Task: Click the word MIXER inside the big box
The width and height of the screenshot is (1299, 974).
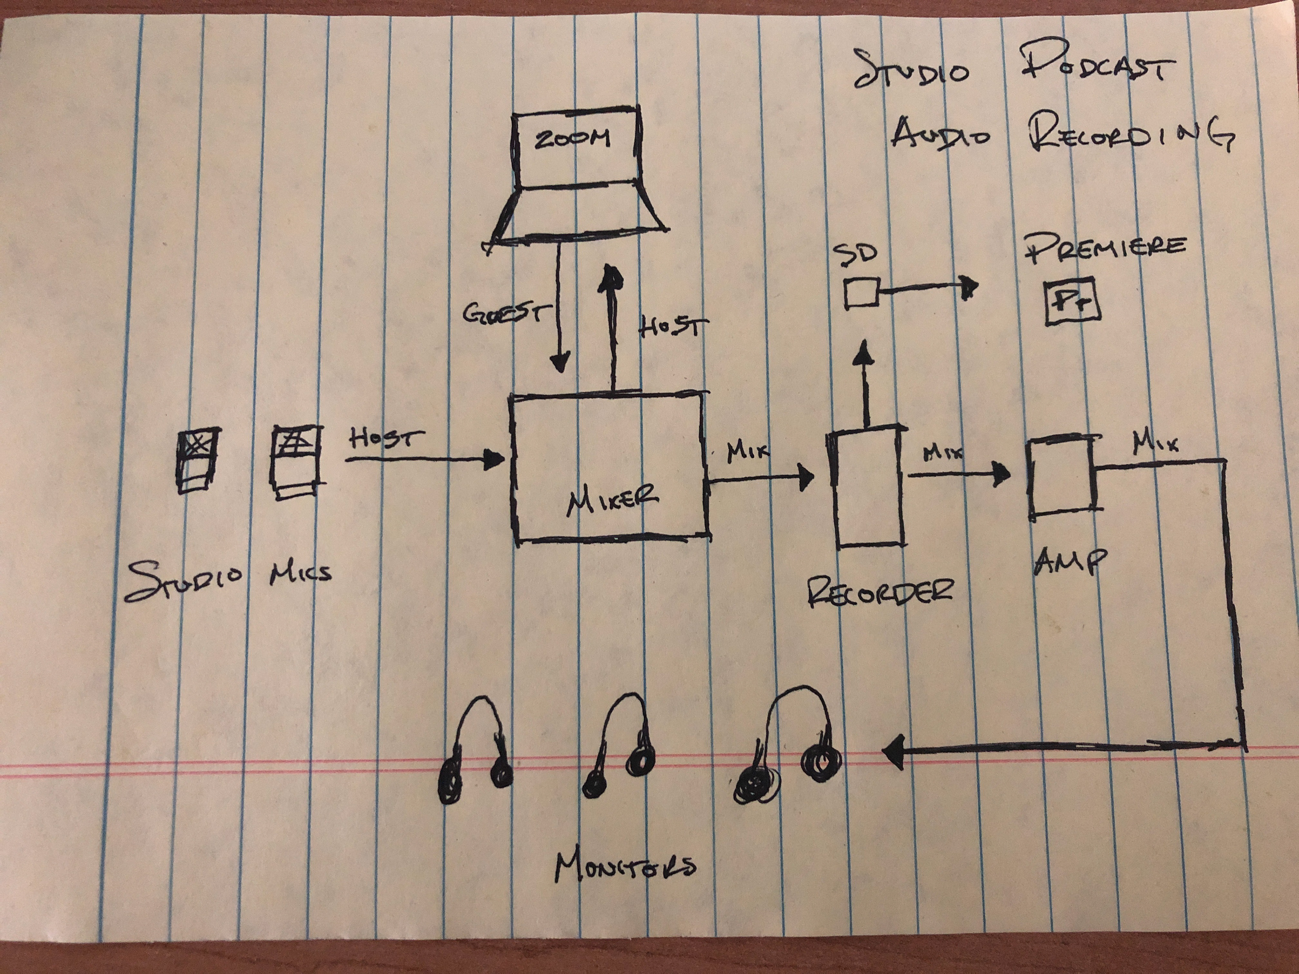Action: (x=612, y=501)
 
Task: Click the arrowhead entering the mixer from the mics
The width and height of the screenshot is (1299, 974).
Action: (x=495, y=460)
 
